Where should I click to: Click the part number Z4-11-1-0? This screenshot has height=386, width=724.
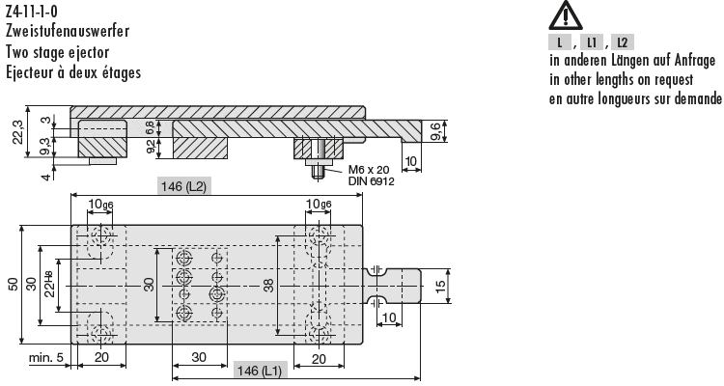coord(32,11)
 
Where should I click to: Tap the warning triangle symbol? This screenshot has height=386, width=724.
coord(565,15)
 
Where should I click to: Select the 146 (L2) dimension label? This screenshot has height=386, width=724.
coord(183,186)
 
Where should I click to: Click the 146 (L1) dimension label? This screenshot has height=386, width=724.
coord(260,371)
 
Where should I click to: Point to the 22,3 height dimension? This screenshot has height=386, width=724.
coord(18,131)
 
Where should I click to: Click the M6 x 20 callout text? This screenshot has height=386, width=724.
coord(369,170)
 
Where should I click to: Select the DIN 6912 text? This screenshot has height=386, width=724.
coord(372,181)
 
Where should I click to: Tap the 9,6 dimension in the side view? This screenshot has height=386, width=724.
coord(436,131)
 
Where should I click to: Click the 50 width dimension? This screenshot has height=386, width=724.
coord(14,285)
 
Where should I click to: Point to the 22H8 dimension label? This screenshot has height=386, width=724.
coord(49,285)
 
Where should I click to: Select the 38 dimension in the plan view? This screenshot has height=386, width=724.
coord(268,286)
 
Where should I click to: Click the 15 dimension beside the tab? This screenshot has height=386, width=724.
coord(440,286)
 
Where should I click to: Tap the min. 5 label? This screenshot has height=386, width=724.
coord(45,358)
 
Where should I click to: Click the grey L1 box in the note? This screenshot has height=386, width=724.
coord(592,42)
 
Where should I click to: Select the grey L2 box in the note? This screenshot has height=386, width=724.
coord(623,42)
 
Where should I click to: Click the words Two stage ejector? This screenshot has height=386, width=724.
coord(57,52)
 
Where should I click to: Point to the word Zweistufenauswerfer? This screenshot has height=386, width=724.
coord(68,31)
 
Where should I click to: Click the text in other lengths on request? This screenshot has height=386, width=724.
coord(621,79)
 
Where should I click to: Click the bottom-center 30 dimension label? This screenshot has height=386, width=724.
coord(199,357)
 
